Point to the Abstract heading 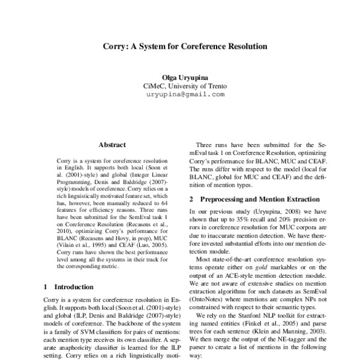tap(112, 145)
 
